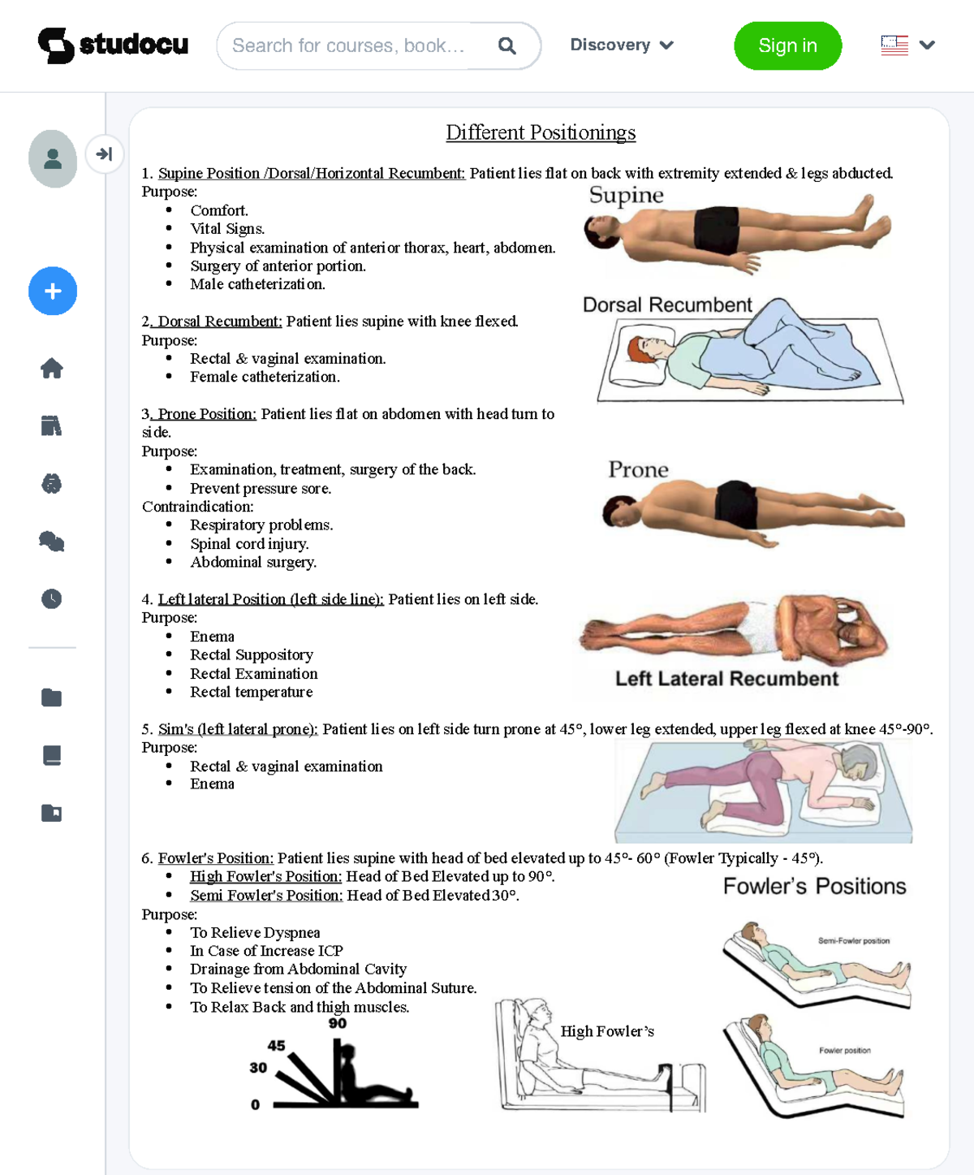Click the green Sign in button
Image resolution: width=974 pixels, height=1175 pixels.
pyautogui.click(x=787, y=45)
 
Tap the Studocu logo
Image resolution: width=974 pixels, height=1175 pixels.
pyautogui.click(x=113, y=45)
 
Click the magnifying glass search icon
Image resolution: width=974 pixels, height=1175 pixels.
pyautogui.click(x=506, y=45)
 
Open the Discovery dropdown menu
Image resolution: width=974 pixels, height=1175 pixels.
pyautogui.click(x=622, y=45)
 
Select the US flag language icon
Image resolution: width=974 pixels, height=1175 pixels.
pyautogui.click(x=894, y=45)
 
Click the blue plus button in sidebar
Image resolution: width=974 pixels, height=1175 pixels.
pyautogui.click(x=53, y=291)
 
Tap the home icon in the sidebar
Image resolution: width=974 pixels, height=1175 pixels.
pyautogui.click(x=52, y=369)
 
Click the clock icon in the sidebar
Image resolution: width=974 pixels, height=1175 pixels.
pyautogui.click(x=52, y=599)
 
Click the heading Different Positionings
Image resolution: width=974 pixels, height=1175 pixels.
pyautogui.click(x=541, y=132)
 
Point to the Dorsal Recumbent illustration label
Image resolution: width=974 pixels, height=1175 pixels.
pyautogui.click(x=667, y=305)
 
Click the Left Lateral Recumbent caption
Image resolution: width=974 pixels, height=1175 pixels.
pyautogui.click(x=726, y=679)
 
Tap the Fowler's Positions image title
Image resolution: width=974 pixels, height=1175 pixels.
pyautogui.click(x=814, y=886)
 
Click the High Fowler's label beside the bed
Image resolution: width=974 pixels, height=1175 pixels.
pyautogui.click(x=607, y=1031)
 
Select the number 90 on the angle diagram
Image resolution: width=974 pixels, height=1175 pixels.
pyautogui.click(x=338, y=1024)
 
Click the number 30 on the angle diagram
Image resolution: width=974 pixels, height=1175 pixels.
pyautogui.click(x=258, y=1068)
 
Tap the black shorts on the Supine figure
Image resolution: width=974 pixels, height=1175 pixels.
pyautogui.click(x=717, y=229)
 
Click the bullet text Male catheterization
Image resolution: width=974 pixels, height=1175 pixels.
pyautogui.click(x=257, y=284)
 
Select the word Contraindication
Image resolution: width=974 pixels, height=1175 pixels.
pyautogui.click(x=197, y=507)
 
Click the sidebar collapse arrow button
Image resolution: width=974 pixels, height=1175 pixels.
pyautogui.click(x=104, y=154)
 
